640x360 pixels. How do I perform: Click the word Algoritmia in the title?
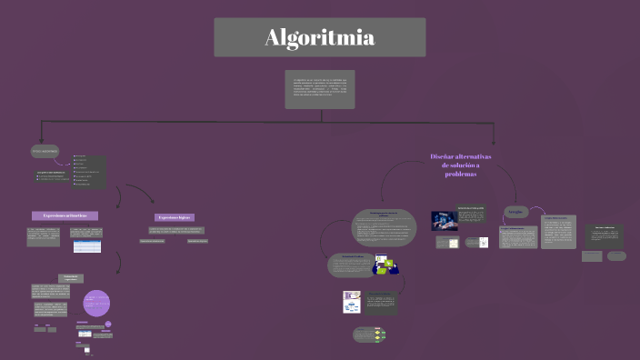(x=319, y=38)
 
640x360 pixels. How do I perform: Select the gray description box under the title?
(x=319, y=89)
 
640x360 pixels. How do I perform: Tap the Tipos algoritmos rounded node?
(x=45, y=151)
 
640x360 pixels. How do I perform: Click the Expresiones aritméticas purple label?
(x=65, y=215)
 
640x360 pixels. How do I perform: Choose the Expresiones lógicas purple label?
(x=175, y=217)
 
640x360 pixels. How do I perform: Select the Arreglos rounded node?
(x=516, y=212)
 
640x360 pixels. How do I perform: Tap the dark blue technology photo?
(x=444, y=221)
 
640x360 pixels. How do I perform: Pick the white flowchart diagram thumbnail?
(x=352, y=301)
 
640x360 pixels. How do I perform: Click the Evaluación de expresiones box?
(x=71, y=277)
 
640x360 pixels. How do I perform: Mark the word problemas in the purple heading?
(x=461, y=174)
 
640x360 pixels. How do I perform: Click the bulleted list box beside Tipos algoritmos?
(x=89, y=172)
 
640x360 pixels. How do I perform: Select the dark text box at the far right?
(x=604, y=235)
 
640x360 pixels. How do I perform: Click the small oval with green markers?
(x=371, y=335)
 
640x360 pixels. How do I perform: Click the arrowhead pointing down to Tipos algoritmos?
(x=40, y=140)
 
